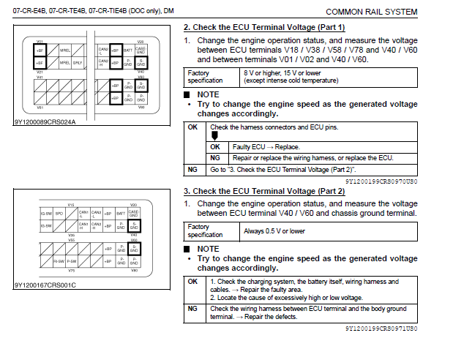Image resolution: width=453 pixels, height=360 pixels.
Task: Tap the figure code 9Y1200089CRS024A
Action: [45, 121]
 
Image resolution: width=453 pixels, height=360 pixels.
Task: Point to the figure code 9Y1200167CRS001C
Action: [45, 284]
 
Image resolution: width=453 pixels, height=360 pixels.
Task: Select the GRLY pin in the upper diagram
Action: [78, 63]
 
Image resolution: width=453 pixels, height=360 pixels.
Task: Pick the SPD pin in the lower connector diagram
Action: [59, 214]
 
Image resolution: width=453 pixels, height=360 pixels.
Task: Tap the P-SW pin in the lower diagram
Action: [72, 260]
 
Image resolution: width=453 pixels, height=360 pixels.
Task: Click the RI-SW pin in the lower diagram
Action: [59, 260]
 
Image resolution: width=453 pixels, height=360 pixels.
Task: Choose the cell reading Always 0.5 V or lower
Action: [274, 231]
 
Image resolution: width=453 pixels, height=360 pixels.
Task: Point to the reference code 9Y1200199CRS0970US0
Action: [381, 179]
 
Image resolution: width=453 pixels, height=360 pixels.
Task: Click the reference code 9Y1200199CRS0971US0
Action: [381, 329]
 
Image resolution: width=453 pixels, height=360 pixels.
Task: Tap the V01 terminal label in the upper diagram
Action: [40, 41]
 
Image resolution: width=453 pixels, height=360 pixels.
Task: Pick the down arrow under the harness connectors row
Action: [214, 136]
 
